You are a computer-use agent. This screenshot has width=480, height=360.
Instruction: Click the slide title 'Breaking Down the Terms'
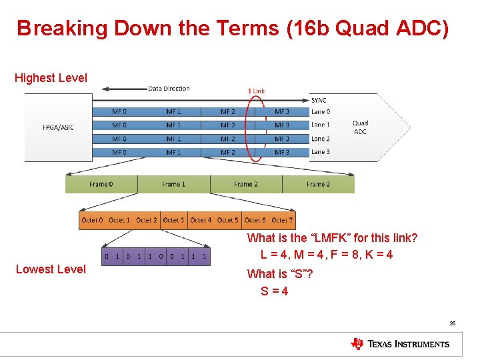233,28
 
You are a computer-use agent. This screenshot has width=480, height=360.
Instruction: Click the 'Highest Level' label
51,78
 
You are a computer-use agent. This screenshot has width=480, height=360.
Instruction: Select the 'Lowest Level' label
51,269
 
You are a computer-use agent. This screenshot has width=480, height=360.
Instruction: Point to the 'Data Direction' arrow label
169,89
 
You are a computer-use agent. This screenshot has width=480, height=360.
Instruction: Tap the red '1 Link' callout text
256,91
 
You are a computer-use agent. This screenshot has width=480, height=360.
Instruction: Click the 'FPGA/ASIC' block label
58,127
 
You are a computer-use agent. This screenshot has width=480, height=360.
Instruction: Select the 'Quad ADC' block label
360,127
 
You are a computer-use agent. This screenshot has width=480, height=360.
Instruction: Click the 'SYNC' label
319,100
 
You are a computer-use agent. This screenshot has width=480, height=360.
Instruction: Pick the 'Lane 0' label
320,112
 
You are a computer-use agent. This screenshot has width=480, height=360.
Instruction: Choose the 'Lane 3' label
320,152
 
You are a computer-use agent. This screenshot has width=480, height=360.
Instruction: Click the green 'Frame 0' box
101,184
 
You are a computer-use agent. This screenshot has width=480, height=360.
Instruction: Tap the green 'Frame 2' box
246,184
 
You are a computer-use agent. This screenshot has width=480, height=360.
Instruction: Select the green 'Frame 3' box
318,184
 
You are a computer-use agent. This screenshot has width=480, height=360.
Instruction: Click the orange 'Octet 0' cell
92,220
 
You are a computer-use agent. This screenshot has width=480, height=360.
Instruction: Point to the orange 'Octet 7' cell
282,220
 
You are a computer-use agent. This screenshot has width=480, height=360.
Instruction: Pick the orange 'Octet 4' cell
201,220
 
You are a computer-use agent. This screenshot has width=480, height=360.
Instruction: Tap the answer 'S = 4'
275,291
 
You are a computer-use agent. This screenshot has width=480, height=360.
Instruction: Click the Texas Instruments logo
400,344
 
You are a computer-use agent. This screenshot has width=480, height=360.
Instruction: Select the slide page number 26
452,323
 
